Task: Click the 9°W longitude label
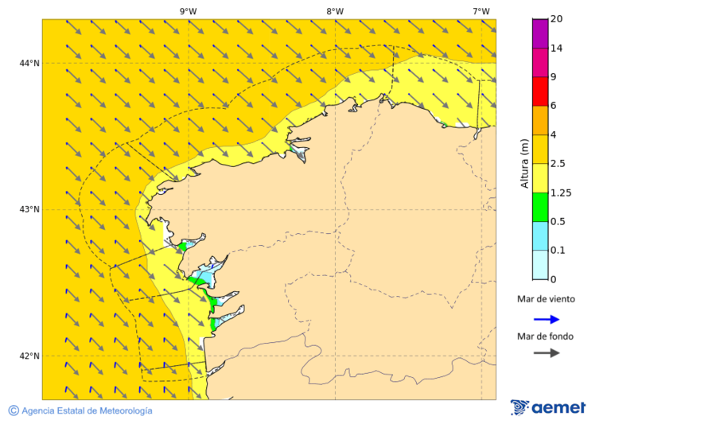tap(188, 11)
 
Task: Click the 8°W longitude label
tap(334, 11)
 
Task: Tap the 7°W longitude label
tap(481, 11)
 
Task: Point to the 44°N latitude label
tap(29, 63)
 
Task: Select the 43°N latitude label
tap(29, 209)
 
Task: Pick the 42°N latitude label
tap(29, 356)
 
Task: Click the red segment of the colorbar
tap(540, 91)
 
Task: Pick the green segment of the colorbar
tap(540, 207)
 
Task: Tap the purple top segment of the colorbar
tap(540, 33)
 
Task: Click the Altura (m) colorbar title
tap(524, 163)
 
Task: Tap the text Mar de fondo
tap(545, 336)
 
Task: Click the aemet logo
tap(548, 407)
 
